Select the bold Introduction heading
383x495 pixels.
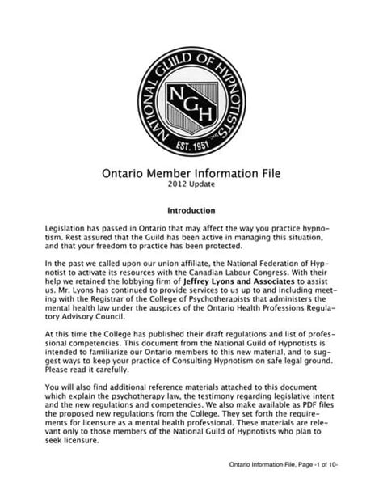(x=191, y=209)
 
